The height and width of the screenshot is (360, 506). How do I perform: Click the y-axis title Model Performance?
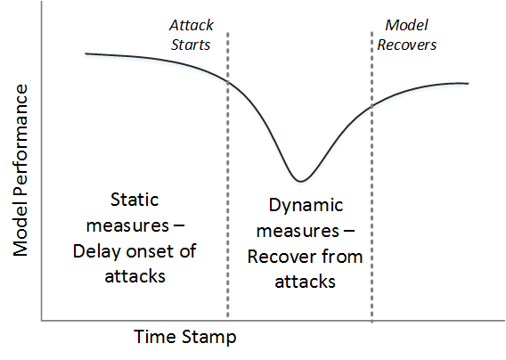(20, 170)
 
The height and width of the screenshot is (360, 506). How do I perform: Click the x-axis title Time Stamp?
(185, 337)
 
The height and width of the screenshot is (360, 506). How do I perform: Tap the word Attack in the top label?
(192, 25)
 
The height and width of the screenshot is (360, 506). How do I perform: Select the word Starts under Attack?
(191, 45)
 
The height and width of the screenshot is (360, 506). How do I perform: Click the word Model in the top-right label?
(406, 25)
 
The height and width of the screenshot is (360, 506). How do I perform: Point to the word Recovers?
(406, 45)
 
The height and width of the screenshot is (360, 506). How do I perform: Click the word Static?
(135, 200)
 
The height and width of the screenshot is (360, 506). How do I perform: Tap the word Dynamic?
(306, 206)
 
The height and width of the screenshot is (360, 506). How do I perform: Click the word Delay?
(96, 252)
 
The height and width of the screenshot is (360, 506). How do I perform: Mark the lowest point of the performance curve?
(300, 181)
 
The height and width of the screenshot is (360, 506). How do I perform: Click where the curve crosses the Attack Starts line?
(228, 82)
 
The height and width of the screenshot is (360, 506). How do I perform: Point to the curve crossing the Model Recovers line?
(371, 105)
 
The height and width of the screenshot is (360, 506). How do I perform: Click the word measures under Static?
(127, 225)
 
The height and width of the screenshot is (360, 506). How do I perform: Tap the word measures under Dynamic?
(298, 231)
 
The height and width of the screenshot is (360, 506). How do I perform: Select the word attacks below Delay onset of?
(135, 277)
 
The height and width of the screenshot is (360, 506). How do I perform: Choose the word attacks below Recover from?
(305, 282)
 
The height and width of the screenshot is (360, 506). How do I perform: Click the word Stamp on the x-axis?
(208, 338)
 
